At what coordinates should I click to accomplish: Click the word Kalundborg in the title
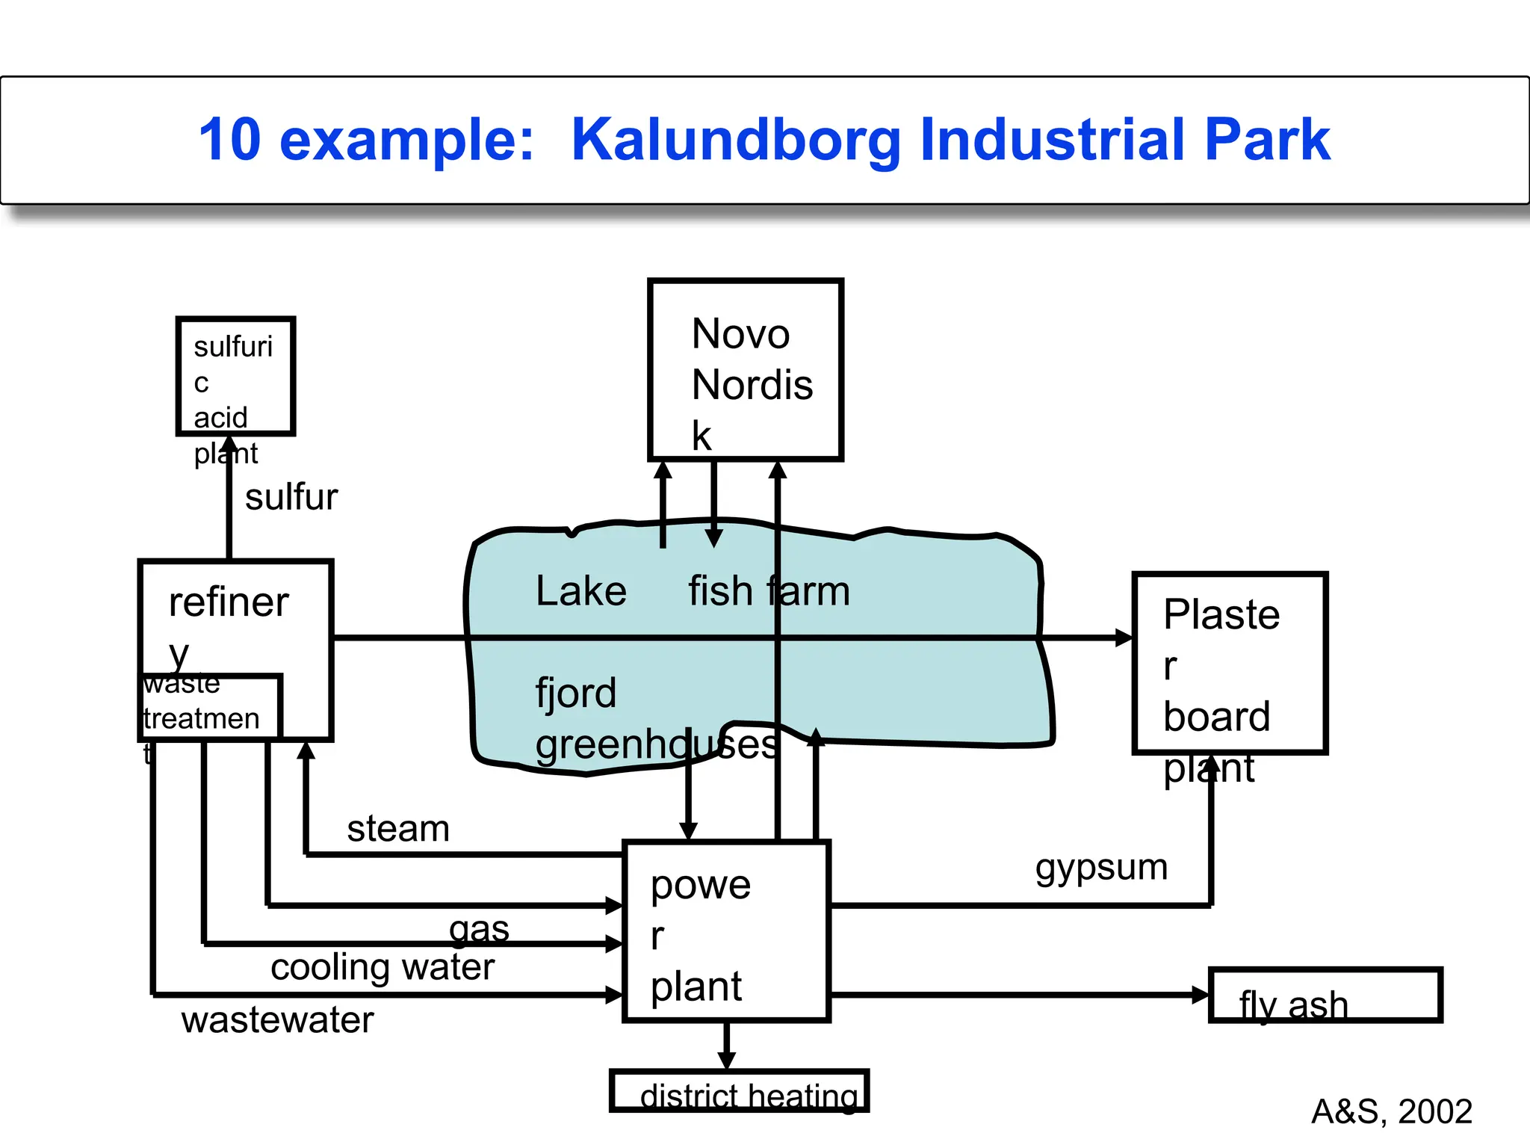pyautogui.click(x=737, y=140)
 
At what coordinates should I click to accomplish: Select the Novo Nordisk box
pyautogui.click(x=745, y=370)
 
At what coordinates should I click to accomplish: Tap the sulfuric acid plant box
pyautogui.click(x=235, y=376)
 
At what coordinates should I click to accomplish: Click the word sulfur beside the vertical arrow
pyautogui.click(x=291, y=497)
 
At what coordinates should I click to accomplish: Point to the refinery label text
pyautogui.click(x=228, y=602)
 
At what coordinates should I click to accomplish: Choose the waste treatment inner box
pyautogui.click(x=210, y=706)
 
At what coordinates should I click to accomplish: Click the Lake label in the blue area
pyautogui.click(x=580, y=591)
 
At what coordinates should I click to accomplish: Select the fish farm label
pyautogui.click(x=769, y=591)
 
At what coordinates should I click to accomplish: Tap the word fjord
pyautogui.click(x=575, y=693)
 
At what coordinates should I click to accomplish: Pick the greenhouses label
pyautogui.click(x=656, y=744)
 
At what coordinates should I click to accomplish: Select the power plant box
pyautogui.click(x=726, y=931)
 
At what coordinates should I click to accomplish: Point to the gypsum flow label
pyautogui.click(x=1100, y=868)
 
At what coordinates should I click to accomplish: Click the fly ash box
pyautogui.click(x=1325, y=995)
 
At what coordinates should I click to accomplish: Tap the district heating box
pyautogui.click(x=739, y=1091)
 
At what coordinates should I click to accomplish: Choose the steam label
pyautogui.click(x=398, y=829)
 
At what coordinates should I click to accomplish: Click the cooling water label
pyautogui.click(x=382, y=967)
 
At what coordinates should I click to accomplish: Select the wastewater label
pyautogui.click(x=277, y=1020)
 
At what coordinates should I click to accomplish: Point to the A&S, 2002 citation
pyautogui.click(x=1391, y=1111)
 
